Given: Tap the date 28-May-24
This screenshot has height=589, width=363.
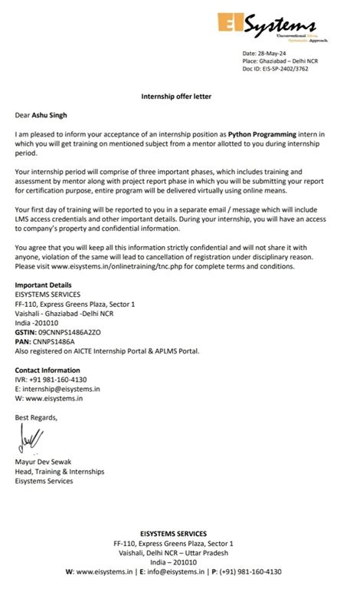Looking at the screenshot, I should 278,52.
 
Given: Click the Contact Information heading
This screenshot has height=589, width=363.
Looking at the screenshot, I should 47,370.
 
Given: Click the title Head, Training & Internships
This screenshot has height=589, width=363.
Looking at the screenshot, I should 60,472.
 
